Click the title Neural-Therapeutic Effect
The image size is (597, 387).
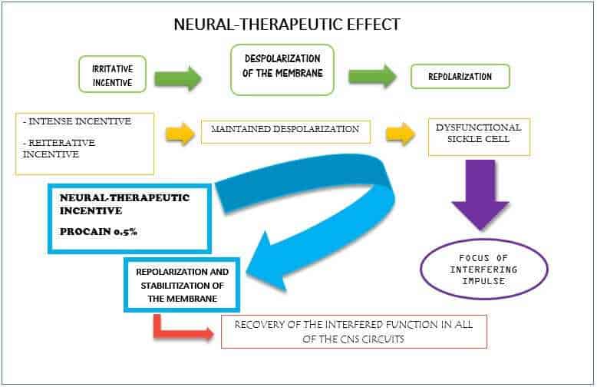(287, 25)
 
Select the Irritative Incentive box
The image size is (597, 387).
(107, 75)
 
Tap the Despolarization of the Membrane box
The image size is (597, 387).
(282, 70)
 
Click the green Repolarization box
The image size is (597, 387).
(460, 77)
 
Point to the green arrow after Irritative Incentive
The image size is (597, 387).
(177, 77)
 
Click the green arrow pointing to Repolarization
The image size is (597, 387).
(372, 76)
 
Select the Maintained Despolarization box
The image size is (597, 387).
(285, 131)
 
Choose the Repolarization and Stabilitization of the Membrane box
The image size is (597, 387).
(182, 284)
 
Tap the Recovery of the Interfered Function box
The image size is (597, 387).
(354, 332)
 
